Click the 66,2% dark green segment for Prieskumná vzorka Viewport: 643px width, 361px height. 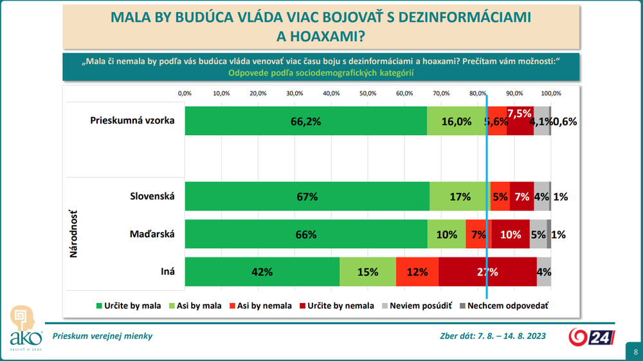coord(305,121)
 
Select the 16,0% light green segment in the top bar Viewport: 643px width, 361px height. coord(457,121)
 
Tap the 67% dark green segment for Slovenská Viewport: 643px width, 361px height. coord(307,197)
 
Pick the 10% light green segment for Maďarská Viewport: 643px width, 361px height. coord(447,234)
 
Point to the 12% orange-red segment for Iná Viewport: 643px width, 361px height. coord(417,272)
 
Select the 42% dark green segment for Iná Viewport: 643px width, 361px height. coord(262,272)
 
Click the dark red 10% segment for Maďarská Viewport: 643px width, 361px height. coord(510,234)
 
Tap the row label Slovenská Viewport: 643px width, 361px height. coord(153,196)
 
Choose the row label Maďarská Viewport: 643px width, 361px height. coord(152,234)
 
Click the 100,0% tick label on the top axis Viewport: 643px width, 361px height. coord(551,93)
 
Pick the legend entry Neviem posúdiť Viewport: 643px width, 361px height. coord(417,306)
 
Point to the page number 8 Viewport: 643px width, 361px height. coord(635,352)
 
